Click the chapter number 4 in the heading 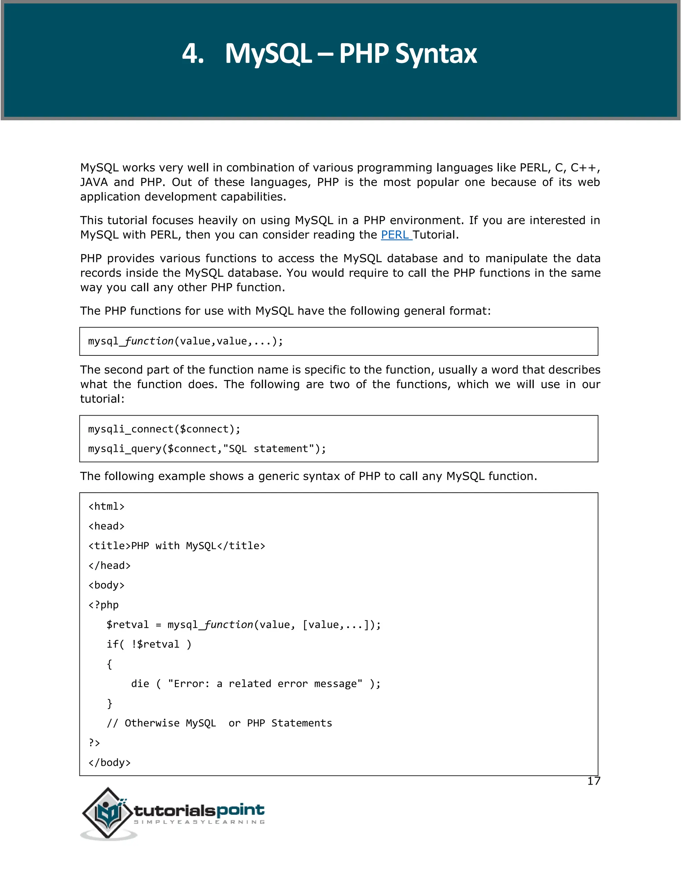(x=193, y=54)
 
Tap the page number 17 (x=594, y=781)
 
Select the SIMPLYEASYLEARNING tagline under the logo (x=199, y=822)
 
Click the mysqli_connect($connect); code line (x=164, y=429)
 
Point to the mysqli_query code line (x=206, y=449)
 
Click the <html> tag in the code (x=106, y=507)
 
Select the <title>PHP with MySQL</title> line (x=177, y=546)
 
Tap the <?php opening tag (x=104, y=605)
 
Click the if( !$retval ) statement (x=149, y=645)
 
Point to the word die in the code (x=140, y=684)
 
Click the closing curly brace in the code (x=109, y=703)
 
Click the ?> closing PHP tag (x=94, y=743)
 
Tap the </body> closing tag (x=109, y=763)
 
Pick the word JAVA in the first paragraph (x=93, y=182)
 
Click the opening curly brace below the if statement (x=109, y=664)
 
